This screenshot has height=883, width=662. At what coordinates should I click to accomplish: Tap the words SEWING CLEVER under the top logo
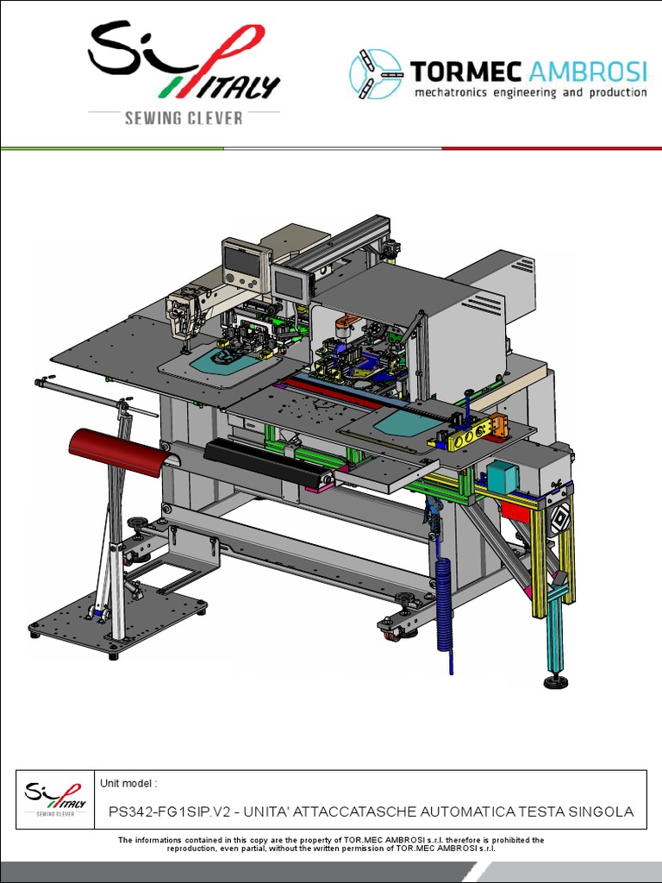tap(184, 118)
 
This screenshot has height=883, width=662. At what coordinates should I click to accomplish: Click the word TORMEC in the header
tap(465, 72)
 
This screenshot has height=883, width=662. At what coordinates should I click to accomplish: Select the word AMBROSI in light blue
tap(587, 72)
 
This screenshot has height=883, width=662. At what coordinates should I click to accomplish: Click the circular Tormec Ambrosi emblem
tap(376, 74)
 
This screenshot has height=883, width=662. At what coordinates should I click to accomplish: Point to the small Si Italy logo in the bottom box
tap(55, 798)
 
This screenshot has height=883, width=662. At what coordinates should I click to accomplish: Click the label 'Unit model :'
tap(128, 783)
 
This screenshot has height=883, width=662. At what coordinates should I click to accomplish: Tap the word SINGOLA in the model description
tap(601, 812)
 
